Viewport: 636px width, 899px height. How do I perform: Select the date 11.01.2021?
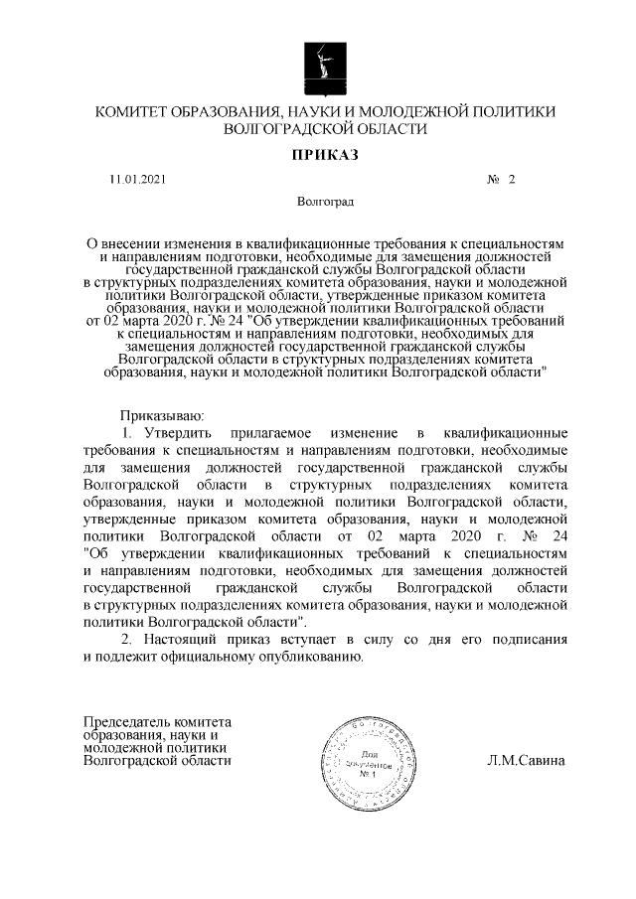[x=138, y=180]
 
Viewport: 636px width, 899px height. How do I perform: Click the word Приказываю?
[x=161, y=414]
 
